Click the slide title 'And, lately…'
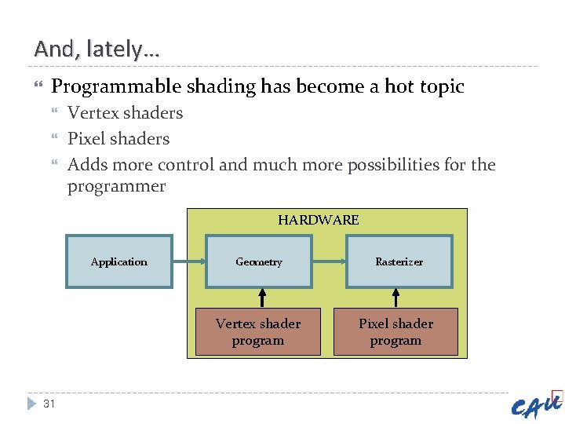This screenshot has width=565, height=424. [97, 49]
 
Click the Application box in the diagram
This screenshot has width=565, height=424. [118, 261]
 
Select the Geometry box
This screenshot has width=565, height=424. [258, 261]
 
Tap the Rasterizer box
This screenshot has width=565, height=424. [399, 261]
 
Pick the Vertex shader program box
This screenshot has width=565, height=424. [258, 332]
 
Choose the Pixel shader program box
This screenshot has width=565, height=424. [395, 332]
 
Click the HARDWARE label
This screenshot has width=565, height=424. [318, 220]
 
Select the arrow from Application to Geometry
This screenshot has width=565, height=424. [188, 261]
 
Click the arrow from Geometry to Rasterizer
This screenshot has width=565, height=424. [329, 261]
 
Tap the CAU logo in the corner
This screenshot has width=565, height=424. [537, 404]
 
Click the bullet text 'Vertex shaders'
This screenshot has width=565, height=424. [125, 113]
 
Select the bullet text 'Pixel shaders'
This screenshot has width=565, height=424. [118, 139]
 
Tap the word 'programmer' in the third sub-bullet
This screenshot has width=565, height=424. [116, 187]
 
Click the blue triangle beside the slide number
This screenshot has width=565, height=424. [31, 404]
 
